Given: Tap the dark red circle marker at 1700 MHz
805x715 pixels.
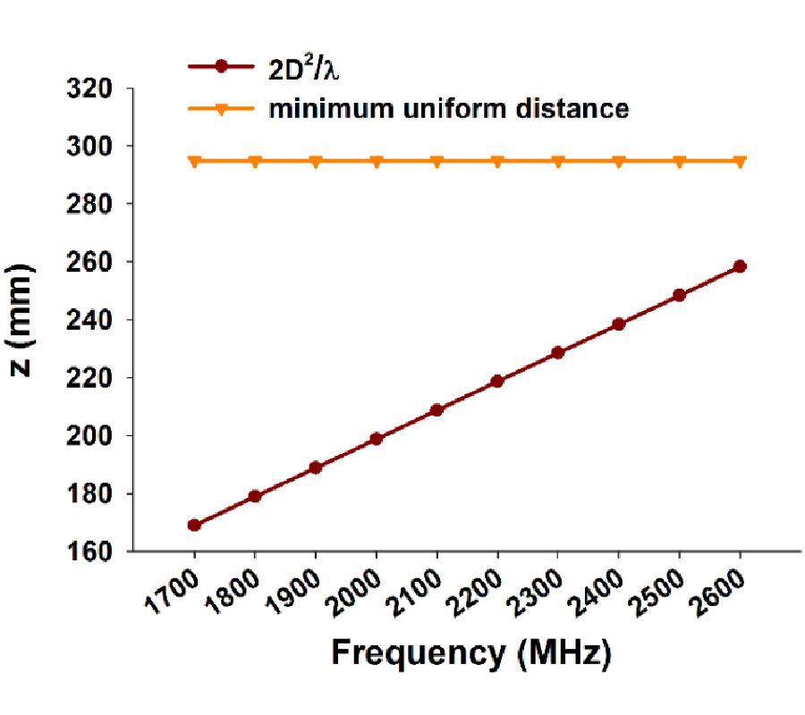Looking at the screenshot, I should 194,525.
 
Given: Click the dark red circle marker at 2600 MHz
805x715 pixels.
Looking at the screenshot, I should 740,266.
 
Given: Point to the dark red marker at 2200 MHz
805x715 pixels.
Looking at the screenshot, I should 497,382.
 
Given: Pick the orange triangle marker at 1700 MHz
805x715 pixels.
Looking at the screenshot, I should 194,162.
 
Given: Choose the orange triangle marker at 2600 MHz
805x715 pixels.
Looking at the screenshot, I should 740,162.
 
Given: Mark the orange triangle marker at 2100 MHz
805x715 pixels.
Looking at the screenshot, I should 436,162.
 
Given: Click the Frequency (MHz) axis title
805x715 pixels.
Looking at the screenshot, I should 471,653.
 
